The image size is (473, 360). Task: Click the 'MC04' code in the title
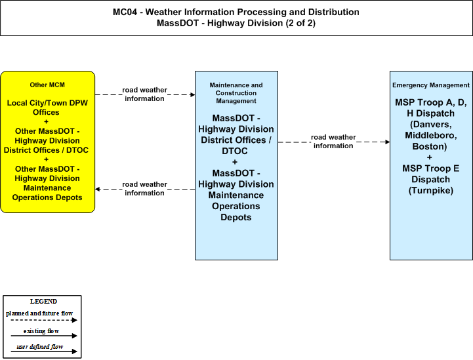click(x=125, y=12)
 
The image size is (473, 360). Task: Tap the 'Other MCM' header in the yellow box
click(x=47, y=85)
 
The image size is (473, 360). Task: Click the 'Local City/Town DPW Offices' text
click(x=47, y=108)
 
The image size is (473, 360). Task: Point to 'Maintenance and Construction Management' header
click(x=236, y=93)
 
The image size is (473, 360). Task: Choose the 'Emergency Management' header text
click(x=431, y=85)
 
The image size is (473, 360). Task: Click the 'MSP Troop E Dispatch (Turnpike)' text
click(x=431, y=180)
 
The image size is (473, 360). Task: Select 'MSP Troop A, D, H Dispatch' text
click(x=431, y=108)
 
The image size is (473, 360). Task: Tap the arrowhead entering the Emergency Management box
click(x=387, y=142)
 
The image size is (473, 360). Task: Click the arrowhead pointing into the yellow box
click(x=98, y=189)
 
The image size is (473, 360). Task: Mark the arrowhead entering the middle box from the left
click(x=192, y=94)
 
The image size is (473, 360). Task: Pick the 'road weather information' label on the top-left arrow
click(x=144, y=94)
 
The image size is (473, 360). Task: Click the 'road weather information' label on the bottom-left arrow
click(x=144, y=189)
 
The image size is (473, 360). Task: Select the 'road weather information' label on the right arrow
click(x=333, y=142)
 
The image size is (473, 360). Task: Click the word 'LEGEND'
click(x=43, y=302)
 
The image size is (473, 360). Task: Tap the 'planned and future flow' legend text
click(x=39, y=313)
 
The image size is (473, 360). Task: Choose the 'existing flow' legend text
click(x=41, y=331)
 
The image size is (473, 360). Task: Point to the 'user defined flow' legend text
click(x=40, y=347)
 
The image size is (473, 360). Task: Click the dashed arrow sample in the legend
click(x=44, y=320)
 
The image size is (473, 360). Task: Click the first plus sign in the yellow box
click(x=46, y=122)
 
